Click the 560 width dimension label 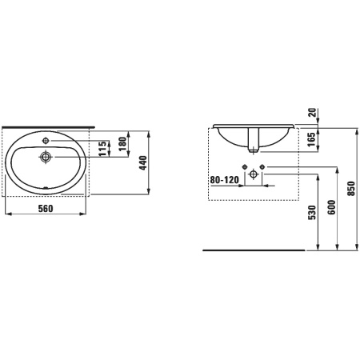[46, 209]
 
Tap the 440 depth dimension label [143, 163]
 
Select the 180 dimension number [122, 144]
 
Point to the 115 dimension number [102, 149]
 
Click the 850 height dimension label [352, 189]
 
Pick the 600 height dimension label [331, 207]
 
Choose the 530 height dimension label [312, 213]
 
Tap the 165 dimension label [311, 139]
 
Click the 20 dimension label [312, 112]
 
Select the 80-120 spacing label [225, 180]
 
